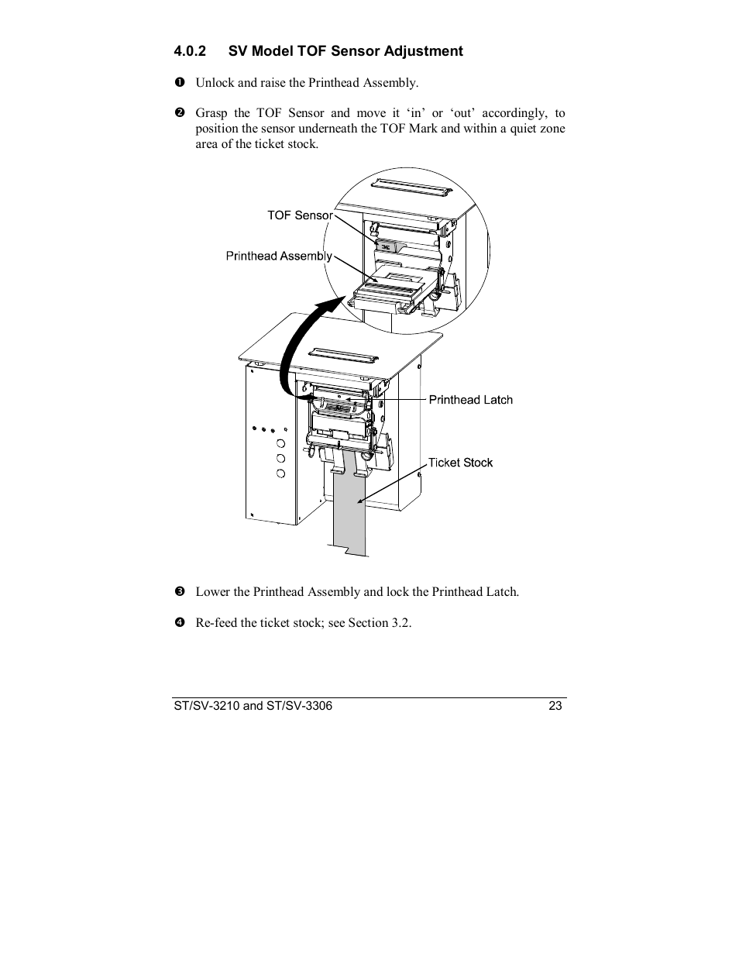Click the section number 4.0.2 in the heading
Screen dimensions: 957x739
click(190, 51)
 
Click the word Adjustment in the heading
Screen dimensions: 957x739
click(422, 51)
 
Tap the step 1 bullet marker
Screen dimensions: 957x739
click(178, 82)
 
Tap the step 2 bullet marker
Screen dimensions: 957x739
click(178, 113)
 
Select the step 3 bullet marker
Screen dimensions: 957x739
click(178, 592)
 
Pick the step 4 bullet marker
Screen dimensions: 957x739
click(178, 623)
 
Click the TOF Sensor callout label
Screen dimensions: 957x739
click(299, 215)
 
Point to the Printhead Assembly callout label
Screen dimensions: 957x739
click(279, 256)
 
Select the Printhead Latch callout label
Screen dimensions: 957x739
click(470, 400)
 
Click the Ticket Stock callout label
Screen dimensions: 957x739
click(460, 463)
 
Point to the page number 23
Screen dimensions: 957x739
click(555, 706)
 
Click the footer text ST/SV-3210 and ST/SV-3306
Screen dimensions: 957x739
click(253, 706)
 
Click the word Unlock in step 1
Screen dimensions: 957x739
click(214, 82)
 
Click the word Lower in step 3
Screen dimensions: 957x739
click(213, 592)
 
